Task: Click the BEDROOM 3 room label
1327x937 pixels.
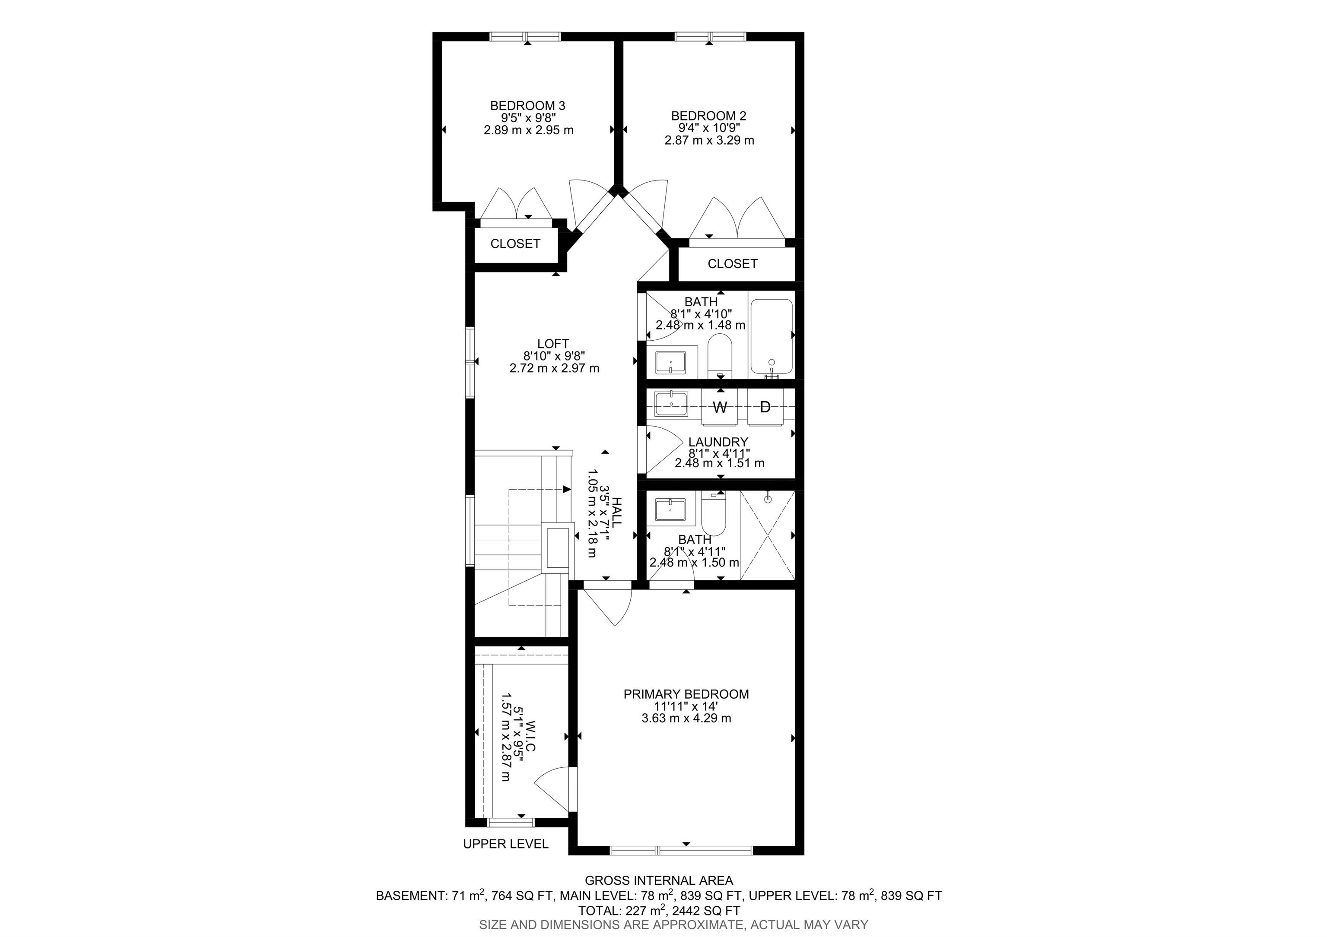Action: coord(527,106)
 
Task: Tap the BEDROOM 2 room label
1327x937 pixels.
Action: coord(708,116)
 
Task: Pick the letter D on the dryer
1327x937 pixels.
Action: coord(765,407)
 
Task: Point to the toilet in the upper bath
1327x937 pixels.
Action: coord(720,356)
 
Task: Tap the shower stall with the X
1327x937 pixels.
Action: coord(768,535)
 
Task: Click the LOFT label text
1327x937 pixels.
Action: coord(553,344)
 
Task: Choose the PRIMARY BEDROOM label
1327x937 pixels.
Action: coord(686,694)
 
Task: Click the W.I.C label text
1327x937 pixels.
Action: coord(530,735)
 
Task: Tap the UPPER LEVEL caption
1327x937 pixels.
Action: coord(505,844)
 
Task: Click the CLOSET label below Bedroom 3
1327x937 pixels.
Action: coord(515,244)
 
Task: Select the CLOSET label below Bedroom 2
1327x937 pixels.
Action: coord(732,263)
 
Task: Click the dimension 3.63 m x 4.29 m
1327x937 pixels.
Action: coord(686,719)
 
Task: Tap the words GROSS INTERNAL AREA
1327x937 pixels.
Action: coord(659,880)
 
